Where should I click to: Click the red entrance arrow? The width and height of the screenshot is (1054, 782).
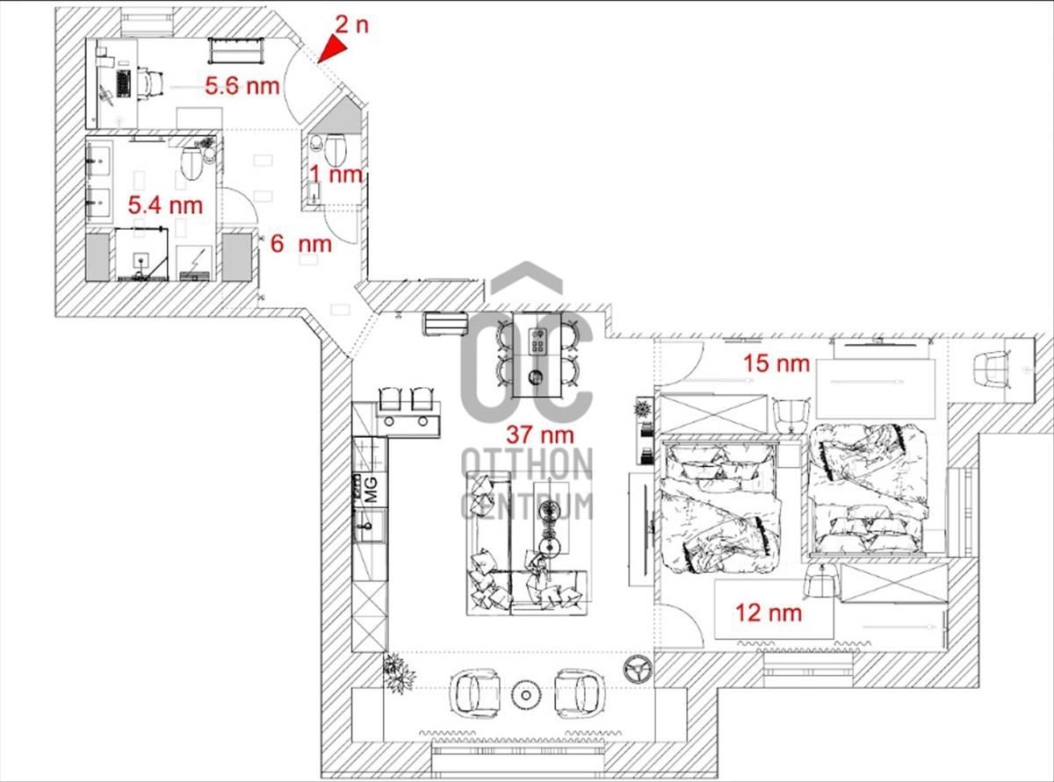334,49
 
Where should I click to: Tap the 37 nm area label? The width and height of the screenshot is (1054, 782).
540,434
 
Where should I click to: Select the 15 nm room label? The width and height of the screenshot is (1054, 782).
776,363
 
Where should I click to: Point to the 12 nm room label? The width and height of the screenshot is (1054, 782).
769,613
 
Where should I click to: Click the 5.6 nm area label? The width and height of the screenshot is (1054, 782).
242,86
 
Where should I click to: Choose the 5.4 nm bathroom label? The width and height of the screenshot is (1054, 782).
165,205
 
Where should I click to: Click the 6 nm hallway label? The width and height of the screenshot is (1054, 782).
301,244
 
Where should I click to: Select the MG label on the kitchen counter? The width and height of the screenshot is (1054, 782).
371,490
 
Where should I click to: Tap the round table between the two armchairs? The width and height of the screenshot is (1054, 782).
526,695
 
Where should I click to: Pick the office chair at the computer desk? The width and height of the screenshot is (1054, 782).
151,83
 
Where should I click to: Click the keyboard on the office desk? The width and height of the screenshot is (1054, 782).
124,83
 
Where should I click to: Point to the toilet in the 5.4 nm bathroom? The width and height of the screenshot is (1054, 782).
192,163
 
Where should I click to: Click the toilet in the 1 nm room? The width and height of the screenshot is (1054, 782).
335,147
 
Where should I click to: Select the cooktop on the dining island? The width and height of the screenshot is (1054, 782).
538,341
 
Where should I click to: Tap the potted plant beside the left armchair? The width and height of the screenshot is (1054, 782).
398,673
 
